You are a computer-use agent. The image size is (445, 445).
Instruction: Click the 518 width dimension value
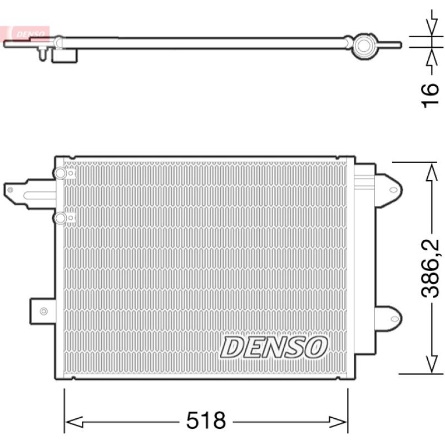(206, 421)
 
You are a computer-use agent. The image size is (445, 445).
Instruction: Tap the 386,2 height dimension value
(430, 269)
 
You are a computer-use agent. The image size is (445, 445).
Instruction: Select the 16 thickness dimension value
(429, 96)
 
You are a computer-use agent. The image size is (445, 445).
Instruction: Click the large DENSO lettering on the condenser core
(273, 347)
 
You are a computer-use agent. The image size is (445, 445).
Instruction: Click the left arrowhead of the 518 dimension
(74, 422)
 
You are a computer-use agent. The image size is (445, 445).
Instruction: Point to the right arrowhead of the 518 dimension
(338, 422)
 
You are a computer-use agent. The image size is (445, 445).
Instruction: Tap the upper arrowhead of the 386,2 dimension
(432, 172)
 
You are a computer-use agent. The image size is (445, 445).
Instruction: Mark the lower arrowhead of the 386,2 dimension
(432, 364)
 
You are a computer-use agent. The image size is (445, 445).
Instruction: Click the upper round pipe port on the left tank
(60, 173)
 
